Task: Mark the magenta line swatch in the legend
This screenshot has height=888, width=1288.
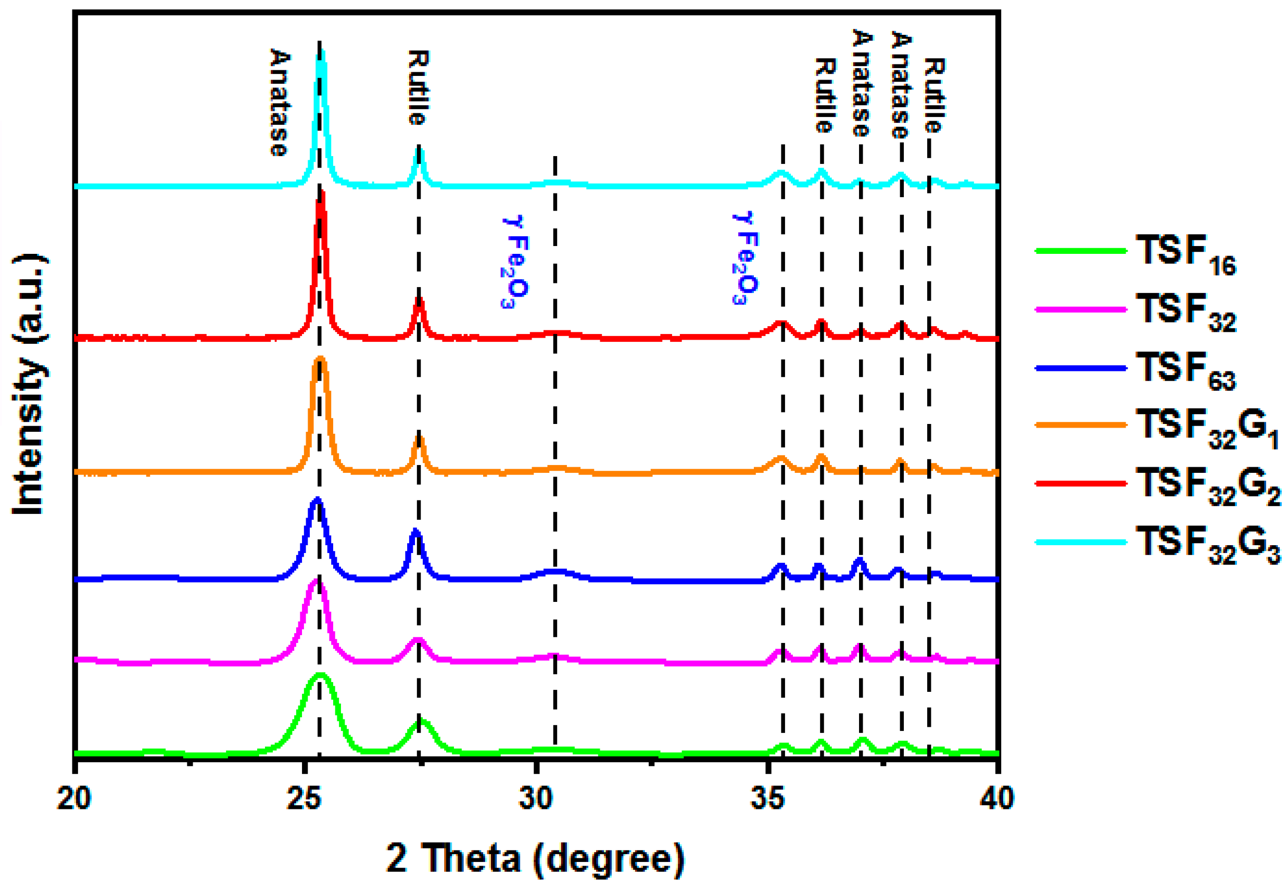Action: point(1080,310)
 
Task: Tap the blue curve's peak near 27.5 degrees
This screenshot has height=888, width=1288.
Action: point(415,532)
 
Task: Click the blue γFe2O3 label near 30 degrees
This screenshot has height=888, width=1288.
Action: point(514,262)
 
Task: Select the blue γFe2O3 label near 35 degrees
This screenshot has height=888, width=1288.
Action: point(744,258)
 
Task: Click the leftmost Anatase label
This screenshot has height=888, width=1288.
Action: point(280,103)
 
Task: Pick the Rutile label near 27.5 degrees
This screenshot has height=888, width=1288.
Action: point(418,87)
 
